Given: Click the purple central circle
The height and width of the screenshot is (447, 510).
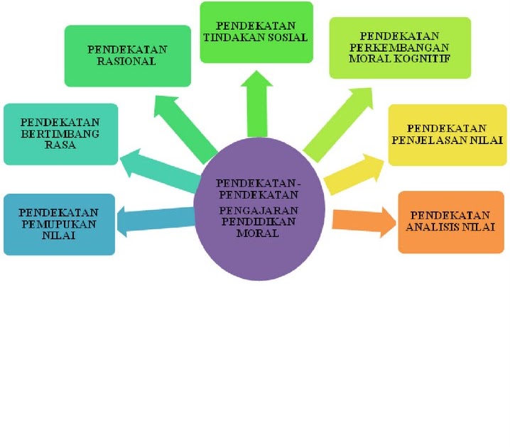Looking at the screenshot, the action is [259, 206].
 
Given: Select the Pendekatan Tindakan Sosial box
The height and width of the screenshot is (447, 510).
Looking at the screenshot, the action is [256, 32].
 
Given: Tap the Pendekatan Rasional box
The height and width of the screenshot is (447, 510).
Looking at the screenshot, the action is [128, 55].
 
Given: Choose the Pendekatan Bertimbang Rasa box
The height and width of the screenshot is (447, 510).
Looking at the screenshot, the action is [60, 134].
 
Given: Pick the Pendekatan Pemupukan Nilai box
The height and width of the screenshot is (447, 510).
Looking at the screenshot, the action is [59, 223].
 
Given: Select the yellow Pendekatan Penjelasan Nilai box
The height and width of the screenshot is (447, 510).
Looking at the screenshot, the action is [447, 135].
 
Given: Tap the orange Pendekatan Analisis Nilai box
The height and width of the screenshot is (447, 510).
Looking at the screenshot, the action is [451, 221].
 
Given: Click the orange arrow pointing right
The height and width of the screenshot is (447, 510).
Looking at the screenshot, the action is [362, 220].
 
